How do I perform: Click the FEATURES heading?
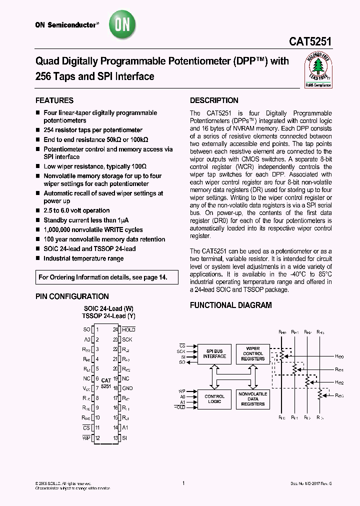[x=54, y=100]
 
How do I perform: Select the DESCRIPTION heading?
[x=214, y=100]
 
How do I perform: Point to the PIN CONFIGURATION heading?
[x=72, y=296]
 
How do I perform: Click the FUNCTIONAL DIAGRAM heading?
[x=231, y=305]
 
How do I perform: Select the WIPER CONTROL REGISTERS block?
[x=253, y=353]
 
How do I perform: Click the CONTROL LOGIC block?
[x=214, y=399]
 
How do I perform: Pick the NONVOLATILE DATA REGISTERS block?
[x=253, y=398]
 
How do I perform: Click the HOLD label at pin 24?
[x=129, y=329]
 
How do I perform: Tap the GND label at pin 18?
[x=127, y=388]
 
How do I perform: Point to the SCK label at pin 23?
[x=127, y=339]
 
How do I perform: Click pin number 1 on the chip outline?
[x=97, y=329]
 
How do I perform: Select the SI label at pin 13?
[x=125, y=438]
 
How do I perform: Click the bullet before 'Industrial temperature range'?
[x=37, y=258]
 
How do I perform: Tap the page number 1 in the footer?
[x=183, y=483]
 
